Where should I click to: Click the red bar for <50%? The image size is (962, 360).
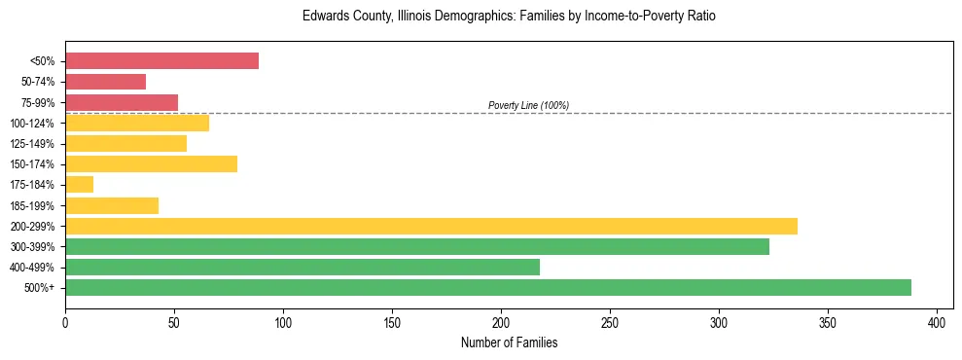(161, 61)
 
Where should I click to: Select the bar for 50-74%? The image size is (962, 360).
(105, 82)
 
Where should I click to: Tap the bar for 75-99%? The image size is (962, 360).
(122, 102)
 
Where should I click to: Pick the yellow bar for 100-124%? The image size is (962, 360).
(137, 123)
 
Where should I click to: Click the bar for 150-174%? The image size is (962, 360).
(151, 163)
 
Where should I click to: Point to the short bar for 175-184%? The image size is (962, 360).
(79, 184)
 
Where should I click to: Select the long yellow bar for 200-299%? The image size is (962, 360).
(431, 226)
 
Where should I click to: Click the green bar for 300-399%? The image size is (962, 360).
(417, 246)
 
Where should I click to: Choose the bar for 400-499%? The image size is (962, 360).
(303, 267)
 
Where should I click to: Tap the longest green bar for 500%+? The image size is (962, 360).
(488, 287)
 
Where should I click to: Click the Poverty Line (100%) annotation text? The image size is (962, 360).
(528, 105)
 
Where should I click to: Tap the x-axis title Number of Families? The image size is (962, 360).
(509, 342)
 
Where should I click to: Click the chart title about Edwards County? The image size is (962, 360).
(509, 17)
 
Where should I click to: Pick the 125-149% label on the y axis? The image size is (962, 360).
(31, 144)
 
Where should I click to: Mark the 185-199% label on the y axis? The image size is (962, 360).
(31, 205)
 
